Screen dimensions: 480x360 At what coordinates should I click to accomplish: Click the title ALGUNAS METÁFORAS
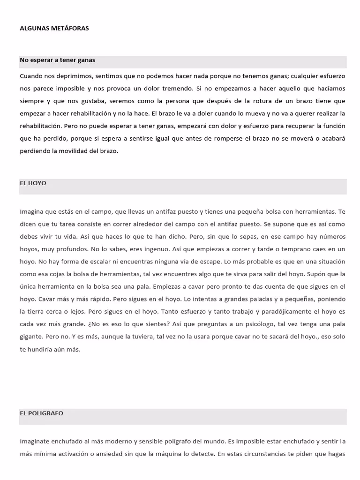54,28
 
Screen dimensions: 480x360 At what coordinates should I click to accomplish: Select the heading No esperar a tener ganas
57,60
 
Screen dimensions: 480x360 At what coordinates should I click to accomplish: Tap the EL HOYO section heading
33,183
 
